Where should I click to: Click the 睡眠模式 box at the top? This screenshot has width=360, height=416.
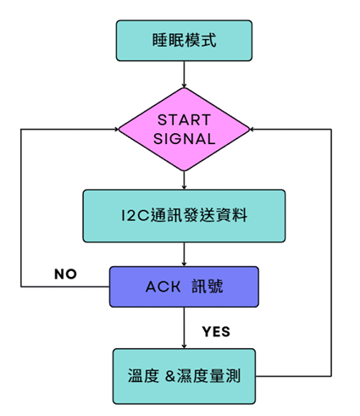coord(184,41)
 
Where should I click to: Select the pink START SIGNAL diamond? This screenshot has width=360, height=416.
coord(184,130)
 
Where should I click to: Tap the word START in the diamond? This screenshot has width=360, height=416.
coord(184,120)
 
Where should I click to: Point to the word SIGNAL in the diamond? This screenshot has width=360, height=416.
coord(184,139)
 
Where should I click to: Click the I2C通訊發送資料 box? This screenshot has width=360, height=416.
coord(184,216)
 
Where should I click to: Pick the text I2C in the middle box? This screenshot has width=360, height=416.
coord(135,215)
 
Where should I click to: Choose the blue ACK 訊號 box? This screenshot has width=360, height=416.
coord(184,286)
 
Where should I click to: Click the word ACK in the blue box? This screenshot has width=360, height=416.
coord(163,287)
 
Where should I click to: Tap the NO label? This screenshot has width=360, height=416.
coord(65,274)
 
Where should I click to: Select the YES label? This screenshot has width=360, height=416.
coord(216,331)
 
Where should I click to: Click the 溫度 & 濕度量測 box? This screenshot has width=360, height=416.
coord(184,376)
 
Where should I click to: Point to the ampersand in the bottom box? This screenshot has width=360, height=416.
coord(170,376)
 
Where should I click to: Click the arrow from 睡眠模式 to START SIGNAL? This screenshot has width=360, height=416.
coord(184,75)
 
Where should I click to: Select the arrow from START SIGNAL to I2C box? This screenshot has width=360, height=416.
coord(184,180)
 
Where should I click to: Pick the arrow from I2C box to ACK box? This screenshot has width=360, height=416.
coord(184,254)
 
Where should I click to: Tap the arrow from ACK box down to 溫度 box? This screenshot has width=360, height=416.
coord(184,328)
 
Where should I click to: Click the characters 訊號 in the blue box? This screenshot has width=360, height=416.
coord(208,286)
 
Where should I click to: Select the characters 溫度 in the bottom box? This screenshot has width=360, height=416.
coord(143,376)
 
